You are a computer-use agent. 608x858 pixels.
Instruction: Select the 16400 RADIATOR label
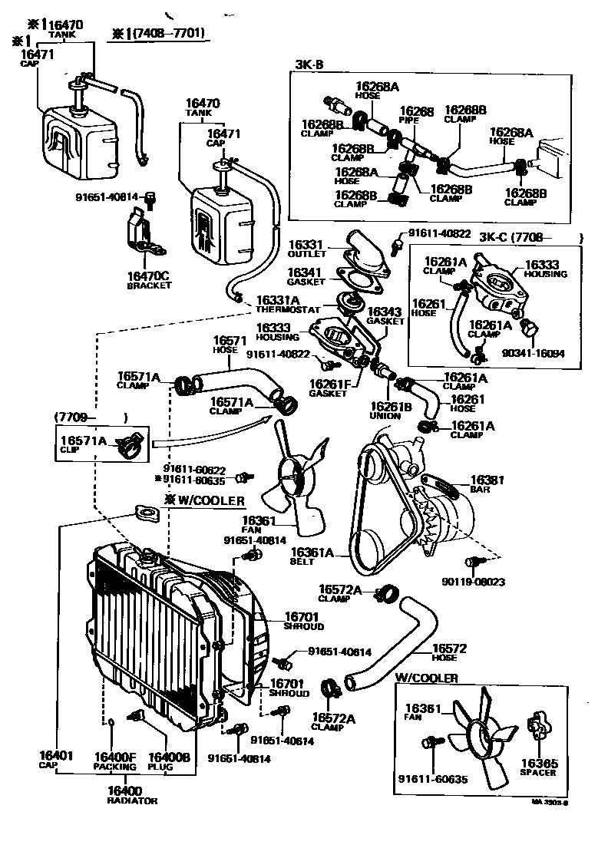pos(132,795)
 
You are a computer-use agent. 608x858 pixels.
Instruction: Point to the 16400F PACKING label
pos(114,761)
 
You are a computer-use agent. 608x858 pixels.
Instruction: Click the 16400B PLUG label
pos(168,761)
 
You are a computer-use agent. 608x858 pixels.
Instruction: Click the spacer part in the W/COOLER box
pos(537,726)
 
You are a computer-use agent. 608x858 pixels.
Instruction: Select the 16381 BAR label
pos(487,483)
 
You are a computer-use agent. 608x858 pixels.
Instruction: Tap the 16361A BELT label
pos(312,556)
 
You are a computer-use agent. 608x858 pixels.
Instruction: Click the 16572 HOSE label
pos(445,652)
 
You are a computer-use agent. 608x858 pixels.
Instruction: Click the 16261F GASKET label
pos(331,388)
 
